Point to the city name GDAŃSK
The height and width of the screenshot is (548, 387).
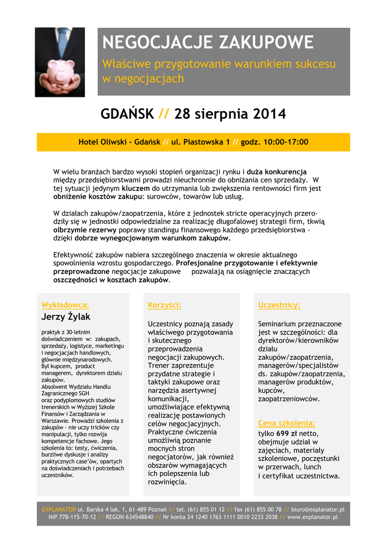click(127, 114)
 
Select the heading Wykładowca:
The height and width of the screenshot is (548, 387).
click(65, 305)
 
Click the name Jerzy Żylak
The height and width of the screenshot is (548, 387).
click(66, 317)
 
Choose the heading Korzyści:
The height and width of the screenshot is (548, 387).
click(164, 305)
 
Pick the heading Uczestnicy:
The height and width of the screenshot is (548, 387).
click(279, 305)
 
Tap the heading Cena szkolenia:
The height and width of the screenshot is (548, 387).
click(287, 423)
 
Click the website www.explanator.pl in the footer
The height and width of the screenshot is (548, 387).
click(312, 517)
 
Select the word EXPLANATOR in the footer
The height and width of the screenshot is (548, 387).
click(59, 509)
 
